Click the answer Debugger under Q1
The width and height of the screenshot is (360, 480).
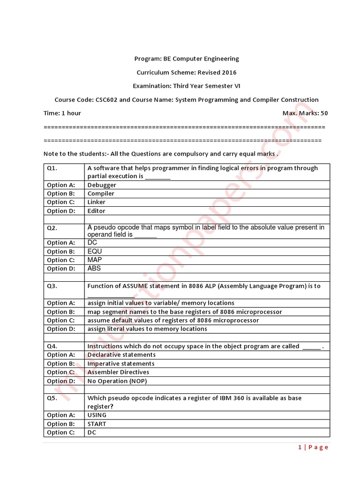coord(102,185)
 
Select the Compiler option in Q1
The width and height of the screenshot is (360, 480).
coord(101,194)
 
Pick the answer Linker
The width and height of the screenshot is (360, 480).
coord(97,202)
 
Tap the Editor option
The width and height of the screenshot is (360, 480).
coord(97,211)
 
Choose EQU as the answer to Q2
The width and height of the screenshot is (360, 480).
coord(95,251)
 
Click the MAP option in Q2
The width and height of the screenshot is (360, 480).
coord(95,260)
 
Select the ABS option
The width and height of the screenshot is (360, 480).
coord(94,269)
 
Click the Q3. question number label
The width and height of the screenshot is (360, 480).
coord(52,286)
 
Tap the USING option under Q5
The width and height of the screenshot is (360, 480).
coord(97,415)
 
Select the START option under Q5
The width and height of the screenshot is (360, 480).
coord(97,424)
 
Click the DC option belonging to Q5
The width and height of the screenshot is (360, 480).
coord(92,433)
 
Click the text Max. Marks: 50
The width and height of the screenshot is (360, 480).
coord(305,113)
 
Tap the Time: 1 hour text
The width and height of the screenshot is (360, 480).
coord(62,113)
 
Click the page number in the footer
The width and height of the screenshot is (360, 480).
coord(313,448)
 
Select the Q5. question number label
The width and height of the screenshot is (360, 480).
coord(52,398)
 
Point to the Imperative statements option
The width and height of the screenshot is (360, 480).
coord(121,364)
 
